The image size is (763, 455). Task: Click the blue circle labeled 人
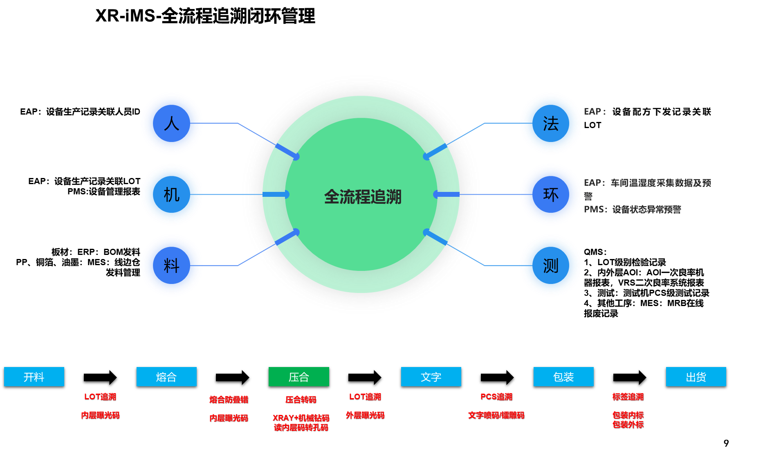[172, 124]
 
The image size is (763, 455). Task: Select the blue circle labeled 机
[172, 195]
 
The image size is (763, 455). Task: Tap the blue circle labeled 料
[172, 266]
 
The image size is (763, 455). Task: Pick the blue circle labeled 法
[551, 124]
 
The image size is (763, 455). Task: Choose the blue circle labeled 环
[551, 195]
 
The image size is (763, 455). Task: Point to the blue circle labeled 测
[551, 266]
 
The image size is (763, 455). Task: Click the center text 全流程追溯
[363, 197]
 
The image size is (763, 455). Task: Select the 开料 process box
[34, 376]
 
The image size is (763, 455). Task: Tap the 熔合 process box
[166, 376]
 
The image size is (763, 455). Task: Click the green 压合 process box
[299, 376]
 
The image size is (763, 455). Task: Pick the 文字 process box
[431, 376]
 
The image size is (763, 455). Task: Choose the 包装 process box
[563, 376]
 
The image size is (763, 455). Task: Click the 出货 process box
[696, 376]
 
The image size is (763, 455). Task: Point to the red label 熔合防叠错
[229, 399]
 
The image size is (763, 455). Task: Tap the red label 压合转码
[301, 399]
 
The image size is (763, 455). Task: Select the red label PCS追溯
[496, 396]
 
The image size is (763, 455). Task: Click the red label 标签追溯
[628, 396]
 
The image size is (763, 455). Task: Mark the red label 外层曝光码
[365, 415]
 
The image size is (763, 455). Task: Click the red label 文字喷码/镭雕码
[496, 415]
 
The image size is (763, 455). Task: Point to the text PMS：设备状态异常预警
[632, 209]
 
